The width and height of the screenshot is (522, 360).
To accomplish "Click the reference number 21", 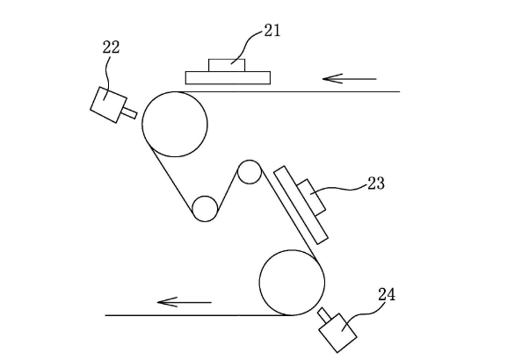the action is [272, 30].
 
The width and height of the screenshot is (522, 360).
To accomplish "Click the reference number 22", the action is [111, 47].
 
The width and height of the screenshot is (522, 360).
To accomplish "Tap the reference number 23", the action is [376, 184].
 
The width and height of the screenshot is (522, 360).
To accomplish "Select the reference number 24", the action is [387, 295].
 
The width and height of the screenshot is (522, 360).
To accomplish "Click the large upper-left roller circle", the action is [142, 124].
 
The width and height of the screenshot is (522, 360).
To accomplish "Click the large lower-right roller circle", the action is [259, 283].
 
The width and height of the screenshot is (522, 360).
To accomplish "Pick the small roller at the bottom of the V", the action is [192, 209].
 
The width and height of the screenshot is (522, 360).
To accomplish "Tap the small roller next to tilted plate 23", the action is [237, 172].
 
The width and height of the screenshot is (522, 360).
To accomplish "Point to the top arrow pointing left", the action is [349, 79].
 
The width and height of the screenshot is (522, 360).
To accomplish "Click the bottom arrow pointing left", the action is [184, 302].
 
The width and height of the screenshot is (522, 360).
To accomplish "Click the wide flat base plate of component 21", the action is [228, 78].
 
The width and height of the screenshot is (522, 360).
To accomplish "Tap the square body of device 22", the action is [108, 104].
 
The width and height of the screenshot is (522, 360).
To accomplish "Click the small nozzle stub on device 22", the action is [130, 112].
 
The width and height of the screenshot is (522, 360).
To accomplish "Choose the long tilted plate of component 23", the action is [301, 205].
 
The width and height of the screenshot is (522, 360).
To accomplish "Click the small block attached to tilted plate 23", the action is [311, 198].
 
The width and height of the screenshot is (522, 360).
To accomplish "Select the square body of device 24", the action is [338, 333].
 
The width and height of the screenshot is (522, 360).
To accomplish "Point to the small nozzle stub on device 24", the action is [323, 314].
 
